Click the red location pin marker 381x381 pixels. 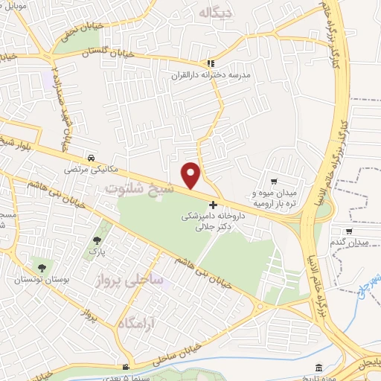point(192,175)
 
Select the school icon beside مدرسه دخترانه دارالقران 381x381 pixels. point(211,64)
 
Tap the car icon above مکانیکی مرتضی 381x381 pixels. point(90,158)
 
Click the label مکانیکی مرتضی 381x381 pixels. point(90,170)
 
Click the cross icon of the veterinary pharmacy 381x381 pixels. point(214,205)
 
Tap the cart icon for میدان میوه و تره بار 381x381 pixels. point(274,181)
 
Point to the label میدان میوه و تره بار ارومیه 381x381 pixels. point(277,197)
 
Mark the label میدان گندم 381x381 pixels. point(349,243)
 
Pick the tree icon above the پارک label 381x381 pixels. point(97,240)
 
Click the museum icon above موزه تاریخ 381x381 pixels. point(319,368)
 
